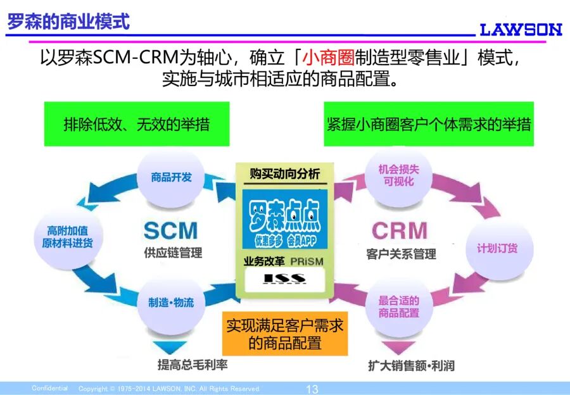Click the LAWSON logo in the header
click(521, 29)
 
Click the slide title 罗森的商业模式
click(69, 22)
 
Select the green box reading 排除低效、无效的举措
click(136, 124)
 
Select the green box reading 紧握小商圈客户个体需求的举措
click(429, 124)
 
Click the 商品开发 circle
click(171, 177)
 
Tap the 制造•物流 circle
click(171, 302)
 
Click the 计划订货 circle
click(497, 248)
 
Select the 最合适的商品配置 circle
click(398, 306)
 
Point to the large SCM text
click(170, 230)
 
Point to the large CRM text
click(399, 230)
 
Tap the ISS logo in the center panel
click(284, 278)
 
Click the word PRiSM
click(308, 261)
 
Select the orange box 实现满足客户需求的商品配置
click(284, 334)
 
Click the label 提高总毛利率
click(193, 365)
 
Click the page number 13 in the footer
click(312, 389)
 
